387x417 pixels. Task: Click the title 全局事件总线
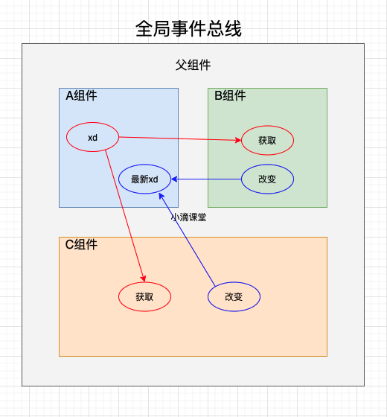pos(188,28)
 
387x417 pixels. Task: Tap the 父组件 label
pos(193,65)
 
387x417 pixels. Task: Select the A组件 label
pos(81,95)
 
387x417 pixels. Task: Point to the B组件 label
pos(230,95)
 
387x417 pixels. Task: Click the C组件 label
pos(81,244)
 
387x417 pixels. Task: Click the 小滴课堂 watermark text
pos(188,217)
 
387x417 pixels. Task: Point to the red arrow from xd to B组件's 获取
pos(180,139)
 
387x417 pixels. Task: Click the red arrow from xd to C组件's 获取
pos(125,216)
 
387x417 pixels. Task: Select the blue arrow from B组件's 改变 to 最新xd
pos(206,179)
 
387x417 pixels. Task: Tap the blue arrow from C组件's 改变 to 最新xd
pos(187,239)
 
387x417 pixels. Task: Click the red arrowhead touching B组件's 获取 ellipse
pos(238,140)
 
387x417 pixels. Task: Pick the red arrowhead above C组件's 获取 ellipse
pos(144,278)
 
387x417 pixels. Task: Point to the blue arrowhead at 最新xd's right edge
pos(174,179)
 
